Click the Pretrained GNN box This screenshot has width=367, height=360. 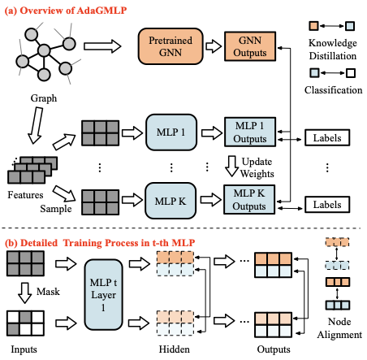pos(171,46)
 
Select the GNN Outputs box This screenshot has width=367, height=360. pos(250,46)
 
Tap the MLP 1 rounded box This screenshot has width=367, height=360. pos(171,132)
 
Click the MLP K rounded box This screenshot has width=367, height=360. pos(171,201)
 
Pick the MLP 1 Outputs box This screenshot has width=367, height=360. pos(250,132)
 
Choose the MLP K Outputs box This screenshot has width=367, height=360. pos(249,200)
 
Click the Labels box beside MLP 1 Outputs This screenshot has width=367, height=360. pos(327,138)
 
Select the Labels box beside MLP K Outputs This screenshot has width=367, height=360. pos(327,205)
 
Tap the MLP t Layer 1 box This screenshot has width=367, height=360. pos(103,295)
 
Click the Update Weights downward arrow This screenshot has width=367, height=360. pos(232,167)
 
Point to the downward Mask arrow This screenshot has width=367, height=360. pos(25,293)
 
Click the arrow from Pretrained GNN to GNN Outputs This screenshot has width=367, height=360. pos(214,46)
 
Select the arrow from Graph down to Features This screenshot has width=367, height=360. pos(36,125)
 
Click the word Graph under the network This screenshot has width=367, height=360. pos(44,98)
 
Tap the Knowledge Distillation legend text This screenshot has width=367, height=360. pos(333,50)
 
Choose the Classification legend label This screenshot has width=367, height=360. pos(333,90)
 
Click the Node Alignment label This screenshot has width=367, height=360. pos(339,328)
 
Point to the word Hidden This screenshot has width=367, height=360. pos(175,349)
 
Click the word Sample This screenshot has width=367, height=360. pos(56,209)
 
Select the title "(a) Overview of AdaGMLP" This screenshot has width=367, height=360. pos(66,11)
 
